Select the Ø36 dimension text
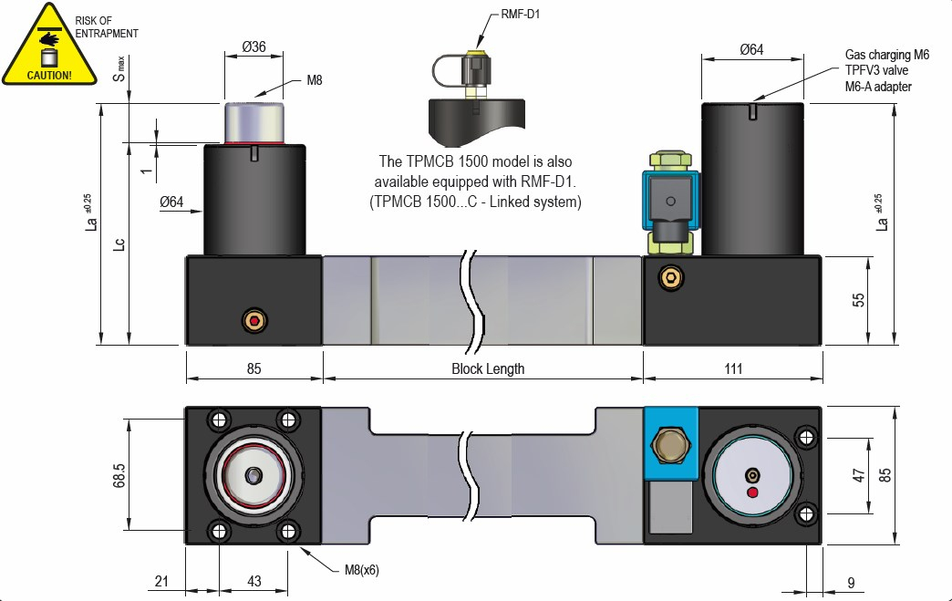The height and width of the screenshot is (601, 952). (254, 48)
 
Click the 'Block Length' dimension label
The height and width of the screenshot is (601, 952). (488, 369)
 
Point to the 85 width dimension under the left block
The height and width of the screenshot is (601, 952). (254, 369)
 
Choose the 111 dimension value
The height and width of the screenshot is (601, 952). (733, 369)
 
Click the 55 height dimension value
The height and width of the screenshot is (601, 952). (858, 300)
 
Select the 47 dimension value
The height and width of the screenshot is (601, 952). (858, 475)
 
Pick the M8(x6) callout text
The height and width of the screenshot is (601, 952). (361, 570)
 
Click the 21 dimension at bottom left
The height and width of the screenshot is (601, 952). (162, 581)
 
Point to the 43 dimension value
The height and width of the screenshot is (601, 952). (254, 581)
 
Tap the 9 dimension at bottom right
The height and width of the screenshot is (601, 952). (850, 581)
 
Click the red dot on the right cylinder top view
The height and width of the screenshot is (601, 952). (752, 493)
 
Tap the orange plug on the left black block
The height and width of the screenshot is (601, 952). (254, 320)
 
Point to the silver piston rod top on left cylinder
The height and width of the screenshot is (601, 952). (254, 122)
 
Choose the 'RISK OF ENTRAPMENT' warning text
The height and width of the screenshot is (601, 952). (107, 26)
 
